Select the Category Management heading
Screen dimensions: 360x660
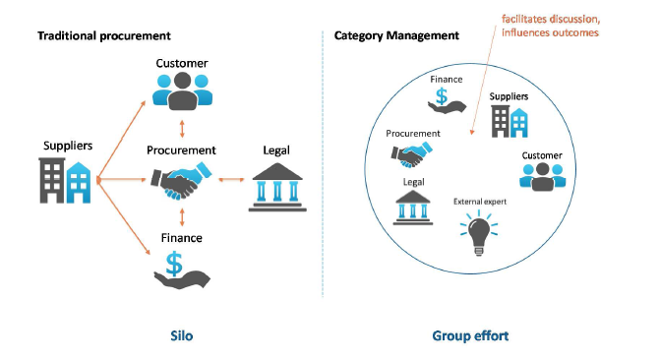point(396,36)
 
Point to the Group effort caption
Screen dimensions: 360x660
point(469,335)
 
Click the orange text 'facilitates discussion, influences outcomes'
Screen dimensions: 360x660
point(548,27)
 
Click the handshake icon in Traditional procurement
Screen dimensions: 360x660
point(181,182)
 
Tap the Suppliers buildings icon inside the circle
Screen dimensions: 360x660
point(509,121)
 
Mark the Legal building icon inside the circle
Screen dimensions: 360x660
point(413,208)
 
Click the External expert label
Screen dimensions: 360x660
point(479,202)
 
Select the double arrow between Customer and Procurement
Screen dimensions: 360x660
point(181,129)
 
